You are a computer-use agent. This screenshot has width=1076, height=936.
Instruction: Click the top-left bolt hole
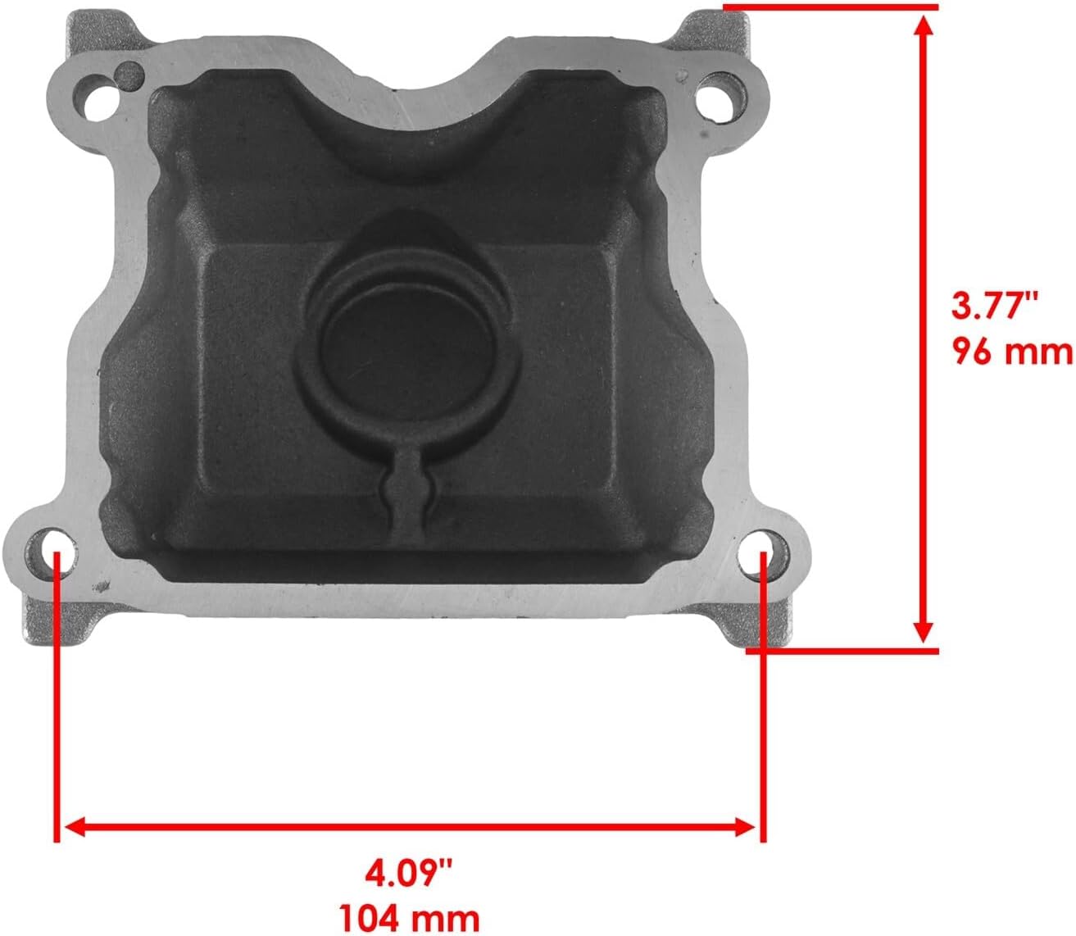(96, 97)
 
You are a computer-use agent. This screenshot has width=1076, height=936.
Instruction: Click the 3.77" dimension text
(994, 309)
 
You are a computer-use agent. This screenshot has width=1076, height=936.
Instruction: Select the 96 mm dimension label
(1012, 352)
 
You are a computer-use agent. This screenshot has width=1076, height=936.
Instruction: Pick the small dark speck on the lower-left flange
(102, 586)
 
